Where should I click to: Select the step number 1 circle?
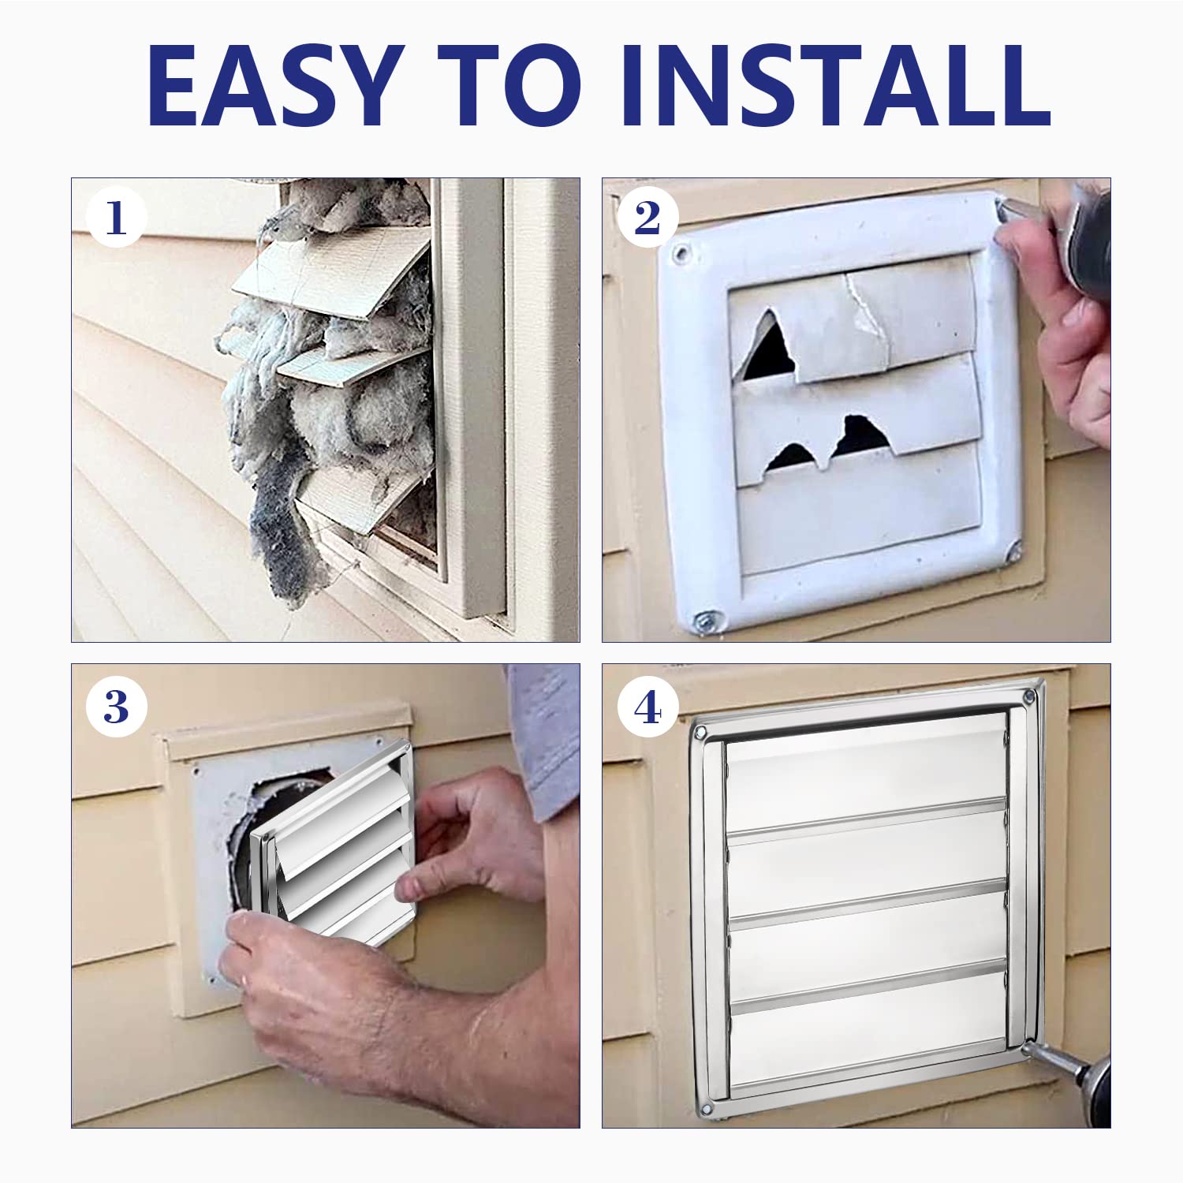pos(116,218)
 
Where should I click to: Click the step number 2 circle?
pos(647,218)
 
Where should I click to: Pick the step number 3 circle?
pos(116,707)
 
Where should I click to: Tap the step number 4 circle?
pos(647,707)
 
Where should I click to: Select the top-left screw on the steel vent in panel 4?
pos(700,733)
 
